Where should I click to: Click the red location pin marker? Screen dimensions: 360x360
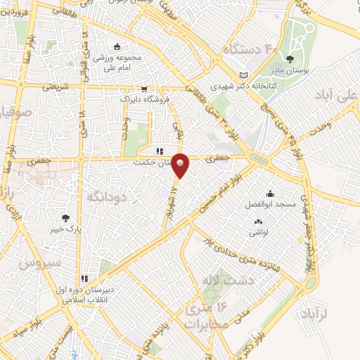point(181,165)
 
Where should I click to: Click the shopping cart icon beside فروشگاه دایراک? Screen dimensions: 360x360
point(144,89)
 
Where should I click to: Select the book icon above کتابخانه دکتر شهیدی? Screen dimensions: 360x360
point(243,75)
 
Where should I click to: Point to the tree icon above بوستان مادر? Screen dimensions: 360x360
point(290,58)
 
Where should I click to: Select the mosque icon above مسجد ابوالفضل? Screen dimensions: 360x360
point(270,193)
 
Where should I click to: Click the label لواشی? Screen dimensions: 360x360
point(257,232)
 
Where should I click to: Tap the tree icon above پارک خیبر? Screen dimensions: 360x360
point(65,218)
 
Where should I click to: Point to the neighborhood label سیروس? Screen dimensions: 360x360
point(37,265)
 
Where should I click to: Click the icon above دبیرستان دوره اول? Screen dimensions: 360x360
point(84,278)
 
